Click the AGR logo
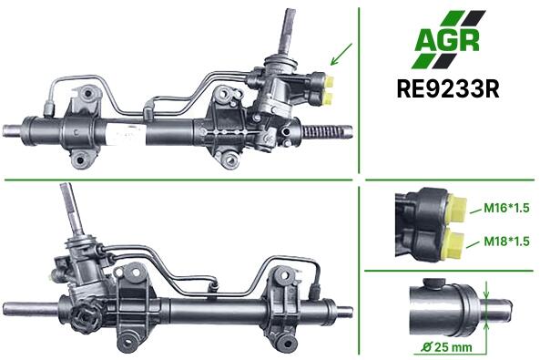[x=448, y=39]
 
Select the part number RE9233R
[x=448, y=89]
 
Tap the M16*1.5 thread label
[x=506, y=208]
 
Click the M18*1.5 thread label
[x=506, y=241]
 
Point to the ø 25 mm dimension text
[x=447, y=347]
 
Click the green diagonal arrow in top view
[x=341, y=54]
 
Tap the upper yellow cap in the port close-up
[x=456, y=208]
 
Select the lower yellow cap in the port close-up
[x=453, y=244]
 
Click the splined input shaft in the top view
[x=287, y=31]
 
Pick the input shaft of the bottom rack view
[x=73, y=210]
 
